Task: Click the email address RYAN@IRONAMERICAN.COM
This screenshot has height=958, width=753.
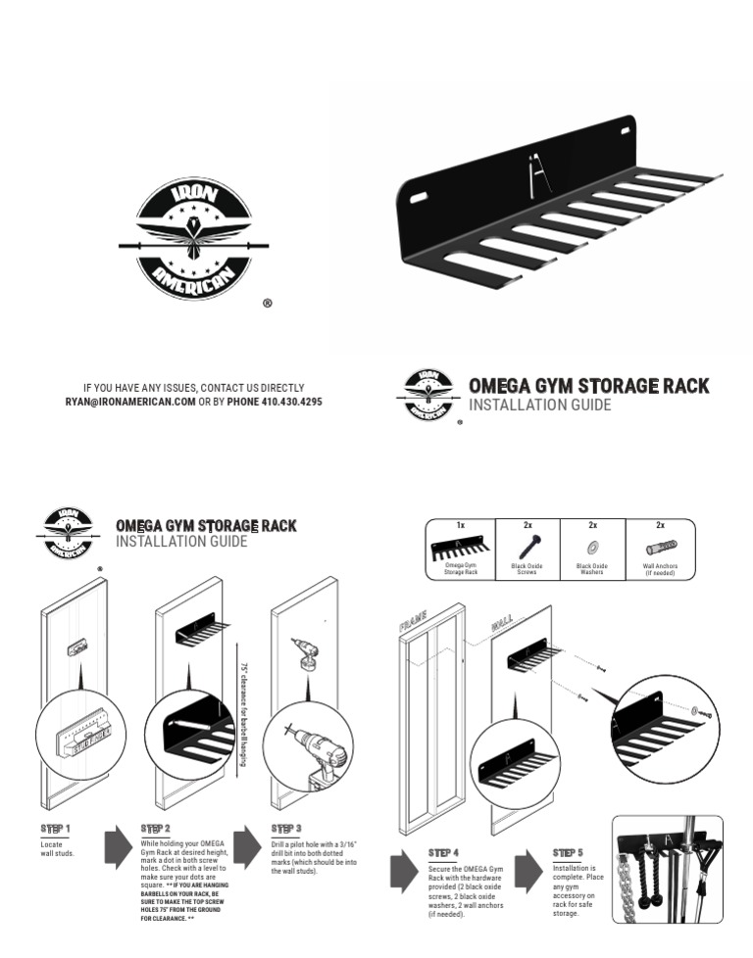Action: click(130, 403)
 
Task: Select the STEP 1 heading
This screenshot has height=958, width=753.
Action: click(56, 829)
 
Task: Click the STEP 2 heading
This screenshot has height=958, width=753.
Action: click(156, 829)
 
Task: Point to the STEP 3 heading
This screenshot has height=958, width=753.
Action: click(286, 829)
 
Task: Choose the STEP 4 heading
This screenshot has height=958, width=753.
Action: click(444, 854)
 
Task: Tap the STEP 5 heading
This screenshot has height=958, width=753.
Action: click(569, 853)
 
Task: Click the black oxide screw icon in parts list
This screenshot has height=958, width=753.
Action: click(527, 547)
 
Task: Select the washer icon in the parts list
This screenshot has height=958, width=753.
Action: click(592, 547)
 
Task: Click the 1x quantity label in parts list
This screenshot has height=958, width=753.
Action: click(461, 526)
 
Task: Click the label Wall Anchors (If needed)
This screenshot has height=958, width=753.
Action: click(660, 569)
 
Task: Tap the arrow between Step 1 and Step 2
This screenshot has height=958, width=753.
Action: click(117, 845)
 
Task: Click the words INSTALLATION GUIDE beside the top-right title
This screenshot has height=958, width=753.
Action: click(540, 406)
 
